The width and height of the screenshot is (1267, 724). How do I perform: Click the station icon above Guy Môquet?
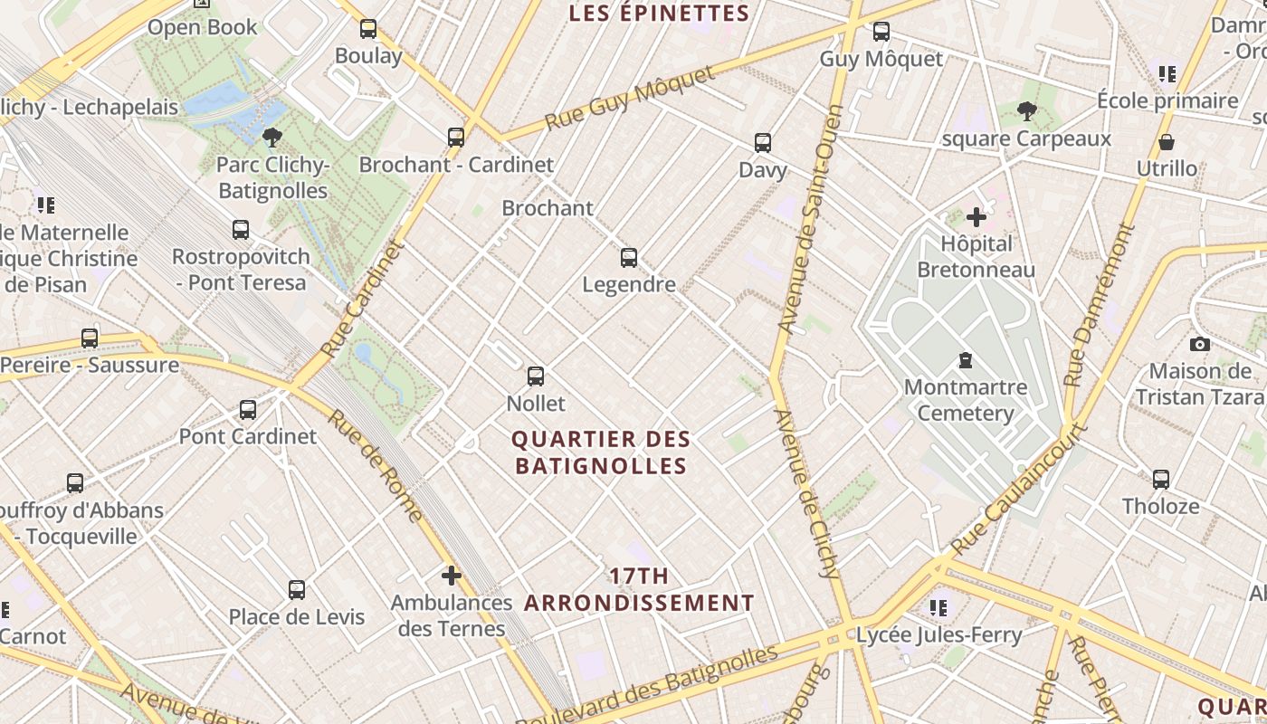coord(881,33)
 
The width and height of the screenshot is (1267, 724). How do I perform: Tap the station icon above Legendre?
coord(629,258)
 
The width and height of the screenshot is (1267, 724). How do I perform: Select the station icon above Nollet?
coord(536,376)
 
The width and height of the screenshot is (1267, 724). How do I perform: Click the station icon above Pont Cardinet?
coord(248,410)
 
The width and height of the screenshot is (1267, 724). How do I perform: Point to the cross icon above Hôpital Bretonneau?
coord(976,217)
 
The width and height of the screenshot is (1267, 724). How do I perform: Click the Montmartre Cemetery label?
coord(965,400)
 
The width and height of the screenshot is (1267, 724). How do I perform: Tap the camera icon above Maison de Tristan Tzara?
coord(1200,344)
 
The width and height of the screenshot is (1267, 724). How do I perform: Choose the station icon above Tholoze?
coord(1161,480)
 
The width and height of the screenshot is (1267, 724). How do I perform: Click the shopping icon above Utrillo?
coord(1167,142)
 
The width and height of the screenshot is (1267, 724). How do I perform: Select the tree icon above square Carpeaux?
coord(1026,112)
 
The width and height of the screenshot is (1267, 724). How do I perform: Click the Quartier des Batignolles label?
coord(601,452)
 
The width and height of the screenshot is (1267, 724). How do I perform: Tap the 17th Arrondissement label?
coord(639,589)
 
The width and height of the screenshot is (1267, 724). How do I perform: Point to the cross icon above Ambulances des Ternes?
coord(451,576)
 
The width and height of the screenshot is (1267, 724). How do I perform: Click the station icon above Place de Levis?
coord(296,590)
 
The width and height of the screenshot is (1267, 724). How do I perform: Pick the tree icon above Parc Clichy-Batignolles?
coord(271,138)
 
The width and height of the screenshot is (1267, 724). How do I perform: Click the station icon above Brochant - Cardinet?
coord(456,138)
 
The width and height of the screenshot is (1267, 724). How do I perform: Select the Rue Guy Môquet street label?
coord(630,98)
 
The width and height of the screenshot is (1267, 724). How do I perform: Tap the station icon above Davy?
coord(763,143)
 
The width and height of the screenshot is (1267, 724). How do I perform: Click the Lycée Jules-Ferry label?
coord(938,635)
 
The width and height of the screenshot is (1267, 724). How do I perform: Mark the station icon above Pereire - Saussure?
coord(90,338)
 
